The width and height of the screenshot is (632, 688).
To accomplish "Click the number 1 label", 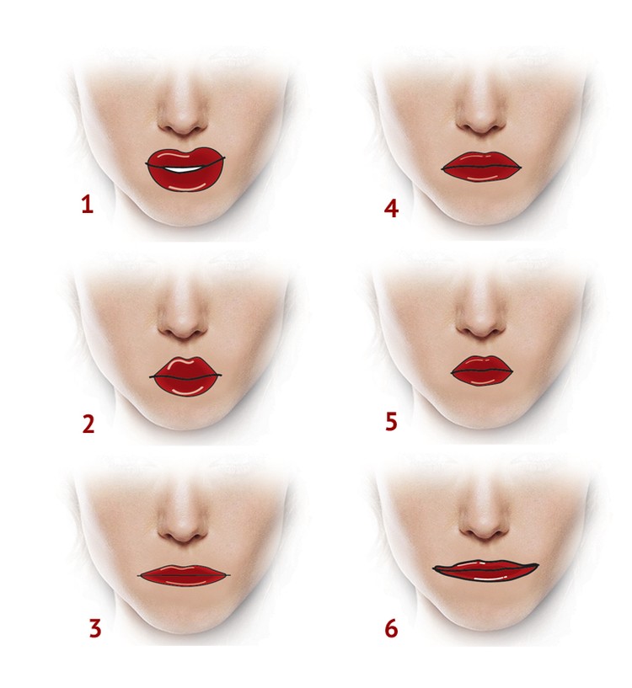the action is point(88,205).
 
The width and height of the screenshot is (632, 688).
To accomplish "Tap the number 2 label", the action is point(88,424).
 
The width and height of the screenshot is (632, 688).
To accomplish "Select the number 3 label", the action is point(95,628).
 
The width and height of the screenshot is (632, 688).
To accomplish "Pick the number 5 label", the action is point(391,421).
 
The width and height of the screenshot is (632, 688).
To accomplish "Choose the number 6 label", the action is point(391,628).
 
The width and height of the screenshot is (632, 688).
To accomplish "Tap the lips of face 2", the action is point(185,376).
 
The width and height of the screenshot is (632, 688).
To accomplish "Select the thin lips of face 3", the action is point(184,575).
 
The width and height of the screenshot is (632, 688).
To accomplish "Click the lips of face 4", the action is point(481,166).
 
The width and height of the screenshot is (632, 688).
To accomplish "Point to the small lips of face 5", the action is point(482,371).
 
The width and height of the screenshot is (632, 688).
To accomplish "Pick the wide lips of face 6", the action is point(485,570).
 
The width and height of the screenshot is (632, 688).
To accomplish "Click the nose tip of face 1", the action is point(182,123).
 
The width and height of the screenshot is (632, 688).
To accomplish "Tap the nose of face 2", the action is point(183,327).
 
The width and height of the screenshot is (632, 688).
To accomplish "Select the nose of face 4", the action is point(481,121).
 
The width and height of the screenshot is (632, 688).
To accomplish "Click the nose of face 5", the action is point(481,326).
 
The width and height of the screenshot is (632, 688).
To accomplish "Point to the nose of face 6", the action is point(484,530).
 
